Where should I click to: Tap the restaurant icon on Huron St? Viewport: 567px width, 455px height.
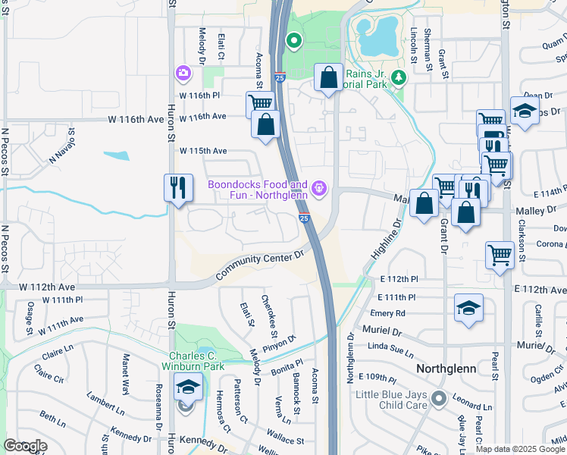177,187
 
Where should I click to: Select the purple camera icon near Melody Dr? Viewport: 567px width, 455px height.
183,74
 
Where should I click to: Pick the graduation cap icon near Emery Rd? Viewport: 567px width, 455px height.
468,308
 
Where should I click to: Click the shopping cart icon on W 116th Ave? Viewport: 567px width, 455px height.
259,104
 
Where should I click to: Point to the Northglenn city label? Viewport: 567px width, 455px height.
446,368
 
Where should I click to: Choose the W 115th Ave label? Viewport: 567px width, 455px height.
203,151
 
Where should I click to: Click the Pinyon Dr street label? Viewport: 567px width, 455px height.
280,342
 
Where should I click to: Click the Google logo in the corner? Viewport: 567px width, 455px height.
25,447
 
